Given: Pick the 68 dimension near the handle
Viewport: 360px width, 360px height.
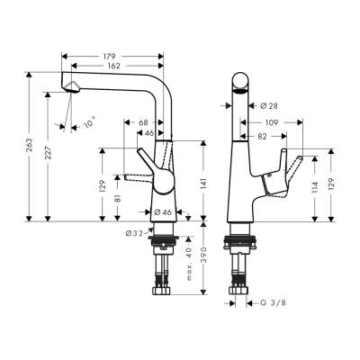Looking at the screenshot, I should [x=143, y=122].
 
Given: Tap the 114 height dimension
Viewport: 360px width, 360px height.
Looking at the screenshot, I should [x=315, y=188].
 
